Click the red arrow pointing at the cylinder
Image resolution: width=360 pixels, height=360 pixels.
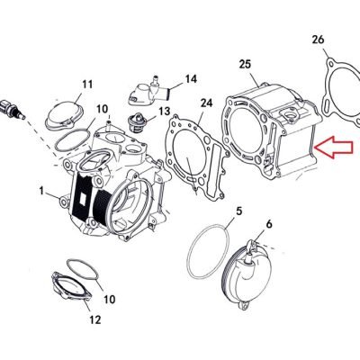(x=333, y=147)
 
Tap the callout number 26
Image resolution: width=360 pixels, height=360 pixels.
(x=318, y=40)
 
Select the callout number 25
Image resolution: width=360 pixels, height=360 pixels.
(x=245, y=64)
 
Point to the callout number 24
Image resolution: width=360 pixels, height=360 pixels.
(x=206, y=103)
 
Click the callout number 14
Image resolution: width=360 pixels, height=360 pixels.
(x=191, y=79)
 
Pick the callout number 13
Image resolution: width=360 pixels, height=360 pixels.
(x=165, y=112)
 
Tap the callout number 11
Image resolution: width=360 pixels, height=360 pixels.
(x=87, y=85)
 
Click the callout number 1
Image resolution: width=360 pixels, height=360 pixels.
(x=41, y=191)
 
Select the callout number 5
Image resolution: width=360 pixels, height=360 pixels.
(x=238, y=211)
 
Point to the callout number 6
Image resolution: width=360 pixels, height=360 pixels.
(x=269, y=224)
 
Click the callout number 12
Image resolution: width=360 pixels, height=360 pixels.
(x=94, y=319)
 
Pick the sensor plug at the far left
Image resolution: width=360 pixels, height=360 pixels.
(x=12, y=109)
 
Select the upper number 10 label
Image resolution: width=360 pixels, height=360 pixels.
(x=102, y=109)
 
